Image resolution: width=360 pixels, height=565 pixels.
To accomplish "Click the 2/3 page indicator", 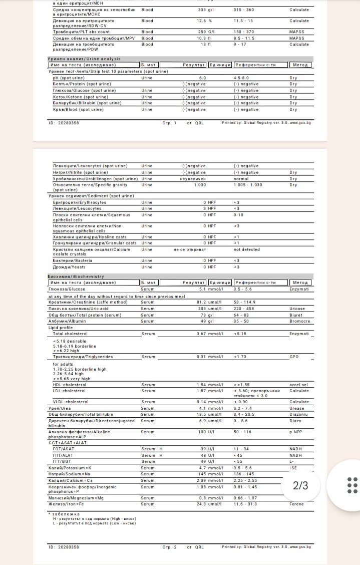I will coord(300,485).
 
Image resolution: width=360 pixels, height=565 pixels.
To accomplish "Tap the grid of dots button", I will coord(352,485).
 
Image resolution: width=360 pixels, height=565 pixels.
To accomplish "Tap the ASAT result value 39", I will coord(203,449).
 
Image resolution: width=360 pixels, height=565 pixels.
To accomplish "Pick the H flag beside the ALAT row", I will coord(161,455).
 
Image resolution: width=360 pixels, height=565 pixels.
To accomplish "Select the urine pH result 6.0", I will coord(202,78).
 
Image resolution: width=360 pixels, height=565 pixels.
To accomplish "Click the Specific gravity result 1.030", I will coord(200,185).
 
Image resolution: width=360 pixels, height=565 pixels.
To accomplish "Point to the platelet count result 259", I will coord(202,32).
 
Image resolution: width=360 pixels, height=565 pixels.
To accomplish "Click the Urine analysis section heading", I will coord(81,59).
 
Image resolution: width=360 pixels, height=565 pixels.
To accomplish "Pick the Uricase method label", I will coord(297,309).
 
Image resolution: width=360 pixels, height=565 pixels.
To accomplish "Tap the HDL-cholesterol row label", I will coord(69,385).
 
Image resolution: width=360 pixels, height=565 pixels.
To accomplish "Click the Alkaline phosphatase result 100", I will coord(202,431).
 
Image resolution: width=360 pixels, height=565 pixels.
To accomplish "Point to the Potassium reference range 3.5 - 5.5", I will coord(243,467).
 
